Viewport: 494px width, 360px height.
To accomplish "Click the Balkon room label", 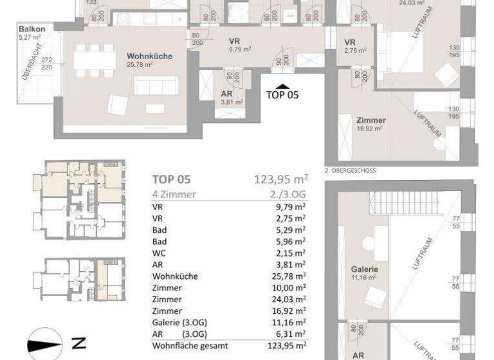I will coord(32,30).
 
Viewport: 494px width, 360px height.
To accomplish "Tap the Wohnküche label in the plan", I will coord(149,57).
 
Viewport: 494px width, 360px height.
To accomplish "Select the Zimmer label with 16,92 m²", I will coord(369,120).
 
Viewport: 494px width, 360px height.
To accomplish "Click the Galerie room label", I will coord(363,269).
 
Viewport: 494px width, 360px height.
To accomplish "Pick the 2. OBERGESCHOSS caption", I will coord(351,170).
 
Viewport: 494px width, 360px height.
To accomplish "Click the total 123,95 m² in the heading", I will coord(282,179).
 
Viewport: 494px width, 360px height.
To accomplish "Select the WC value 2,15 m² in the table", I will coord(290,253).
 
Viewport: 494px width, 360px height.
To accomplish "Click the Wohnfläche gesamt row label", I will coord(189,345).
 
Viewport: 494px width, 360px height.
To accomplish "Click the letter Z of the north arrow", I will coord(80,343).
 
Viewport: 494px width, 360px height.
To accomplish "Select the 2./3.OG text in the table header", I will coord(290,195).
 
